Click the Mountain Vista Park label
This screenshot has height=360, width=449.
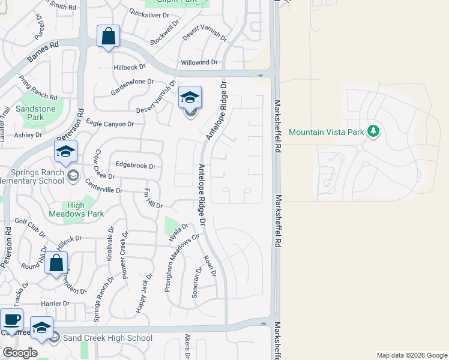pos(327,131)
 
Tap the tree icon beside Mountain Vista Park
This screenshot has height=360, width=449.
pos(373,131)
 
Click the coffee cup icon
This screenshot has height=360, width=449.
pos(11,319)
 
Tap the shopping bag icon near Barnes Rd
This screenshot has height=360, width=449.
pos(108,36)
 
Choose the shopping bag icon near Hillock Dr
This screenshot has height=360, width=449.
pos(56,262)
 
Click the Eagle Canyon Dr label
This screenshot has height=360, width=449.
pos(110,124)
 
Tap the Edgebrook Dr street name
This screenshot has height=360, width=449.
pos(135,166)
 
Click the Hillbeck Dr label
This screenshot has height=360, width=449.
pos(130,67)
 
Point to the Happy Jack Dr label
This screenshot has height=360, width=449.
pos(144,292)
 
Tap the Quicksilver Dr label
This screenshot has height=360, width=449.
pos(151,13)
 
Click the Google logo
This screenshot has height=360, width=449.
pos(20,352)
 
